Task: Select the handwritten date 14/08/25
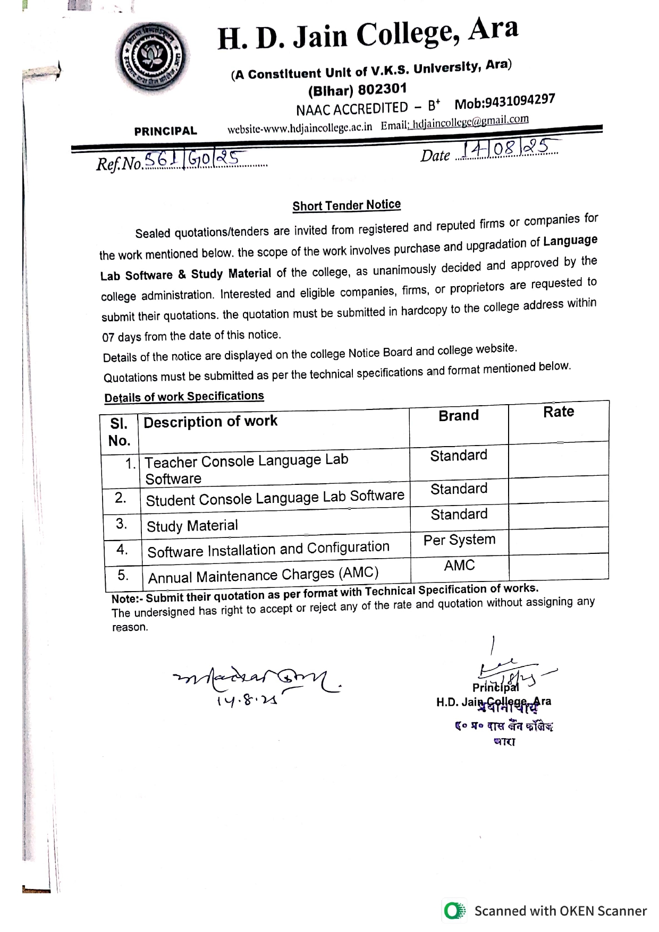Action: (508, 149)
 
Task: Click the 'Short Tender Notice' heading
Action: (347, 206)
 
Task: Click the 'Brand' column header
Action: (459, 416)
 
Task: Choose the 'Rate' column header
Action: (559, 412)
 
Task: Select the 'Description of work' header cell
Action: (210, 422)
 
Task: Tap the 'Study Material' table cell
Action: (192, 526)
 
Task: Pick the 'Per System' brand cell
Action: (459, 540)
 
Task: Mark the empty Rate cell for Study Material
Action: (559, 515)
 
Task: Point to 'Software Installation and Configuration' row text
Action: (268, 549)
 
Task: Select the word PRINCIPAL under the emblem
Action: (165, 131)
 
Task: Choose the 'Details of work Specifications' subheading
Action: (184, 397)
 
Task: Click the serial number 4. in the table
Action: (122, 549)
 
